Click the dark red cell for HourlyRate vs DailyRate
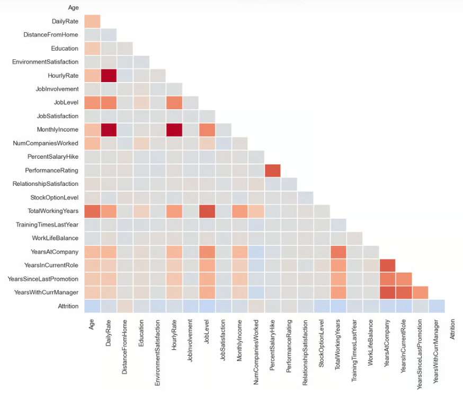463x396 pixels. pos(109,75)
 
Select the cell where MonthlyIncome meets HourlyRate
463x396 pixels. pos(174,130)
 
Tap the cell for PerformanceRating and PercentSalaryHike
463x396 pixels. pos(272,170)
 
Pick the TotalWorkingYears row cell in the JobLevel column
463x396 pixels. pos(207,211)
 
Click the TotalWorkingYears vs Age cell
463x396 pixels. pos(92,211)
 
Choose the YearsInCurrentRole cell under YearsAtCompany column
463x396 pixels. pos(387,265)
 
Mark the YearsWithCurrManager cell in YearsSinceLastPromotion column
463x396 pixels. pos(420,292)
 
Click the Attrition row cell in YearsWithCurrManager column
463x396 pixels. pos(437,306)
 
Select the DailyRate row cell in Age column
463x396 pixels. pos(92,21)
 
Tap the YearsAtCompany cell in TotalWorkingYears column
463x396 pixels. pos(338,251)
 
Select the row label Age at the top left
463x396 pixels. pos(73,7)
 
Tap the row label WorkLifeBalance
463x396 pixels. pos(55,238)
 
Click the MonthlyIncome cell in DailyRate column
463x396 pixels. pos(109,130)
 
